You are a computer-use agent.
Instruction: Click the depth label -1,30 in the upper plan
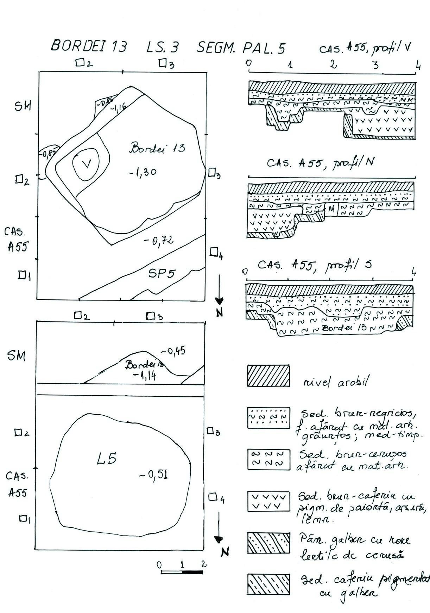click(143, 173)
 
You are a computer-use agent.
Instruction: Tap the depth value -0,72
click(159, 241)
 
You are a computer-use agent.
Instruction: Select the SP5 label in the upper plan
click(162, 273)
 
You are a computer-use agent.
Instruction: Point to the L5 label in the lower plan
click(106, 459)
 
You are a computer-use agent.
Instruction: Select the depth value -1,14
click(145, 376)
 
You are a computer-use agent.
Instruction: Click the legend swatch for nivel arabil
click(268, 376)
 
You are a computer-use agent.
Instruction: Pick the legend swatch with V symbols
click(268, 501)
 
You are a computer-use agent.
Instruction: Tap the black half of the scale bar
click(192, 572)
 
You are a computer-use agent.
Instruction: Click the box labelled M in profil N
click(331, 209)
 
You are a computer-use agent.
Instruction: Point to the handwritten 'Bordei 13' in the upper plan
click(157, 148)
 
